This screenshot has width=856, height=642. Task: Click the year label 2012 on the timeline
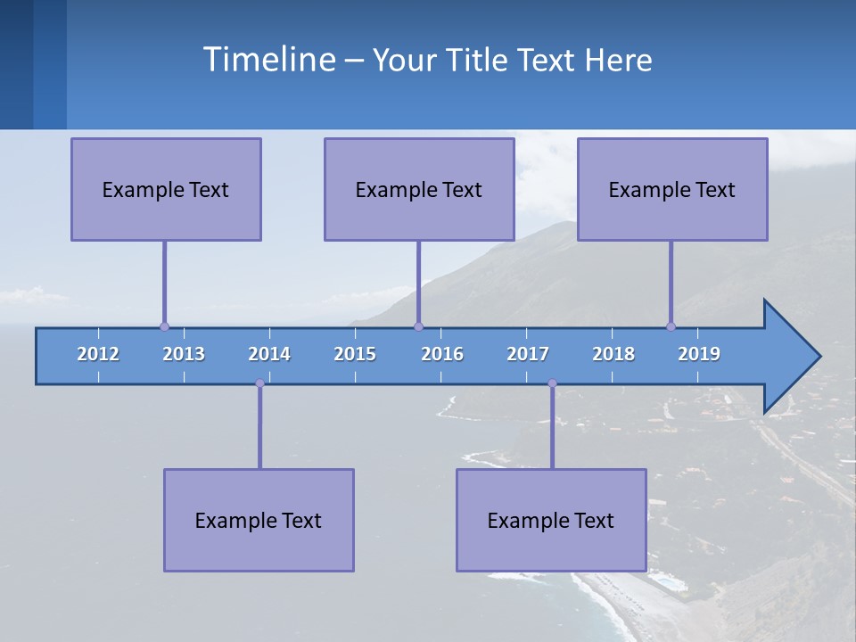tap(98, 354)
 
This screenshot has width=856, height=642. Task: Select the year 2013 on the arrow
tap(184, 354)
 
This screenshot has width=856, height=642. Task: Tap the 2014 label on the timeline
tap(269, 354)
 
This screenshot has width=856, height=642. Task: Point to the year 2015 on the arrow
tap(355, 354)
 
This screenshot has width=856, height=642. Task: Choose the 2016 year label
tap(442, 354)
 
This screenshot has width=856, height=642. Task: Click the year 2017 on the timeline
tap(528, 354)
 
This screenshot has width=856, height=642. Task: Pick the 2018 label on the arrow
tap(613, 354)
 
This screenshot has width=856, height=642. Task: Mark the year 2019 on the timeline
tap(699, 354)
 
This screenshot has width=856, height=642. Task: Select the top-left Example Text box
tap(166, 189)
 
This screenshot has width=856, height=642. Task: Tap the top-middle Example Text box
tap(419, 189)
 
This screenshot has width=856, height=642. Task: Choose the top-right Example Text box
tap(672, 189)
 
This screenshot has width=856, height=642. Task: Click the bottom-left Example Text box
tap(259, 520)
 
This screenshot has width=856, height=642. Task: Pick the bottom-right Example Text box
tap(551, 520)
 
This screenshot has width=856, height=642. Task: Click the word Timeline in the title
tap(268, 59)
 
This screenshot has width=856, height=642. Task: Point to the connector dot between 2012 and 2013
tap(164, 326)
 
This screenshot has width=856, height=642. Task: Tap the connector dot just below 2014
tap(259, 383)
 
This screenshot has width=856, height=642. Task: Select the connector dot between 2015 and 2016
tap(418, 326)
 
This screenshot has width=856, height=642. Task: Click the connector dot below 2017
tap(552, 383)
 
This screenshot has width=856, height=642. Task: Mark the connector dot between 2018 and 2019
tap(671, 326)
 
